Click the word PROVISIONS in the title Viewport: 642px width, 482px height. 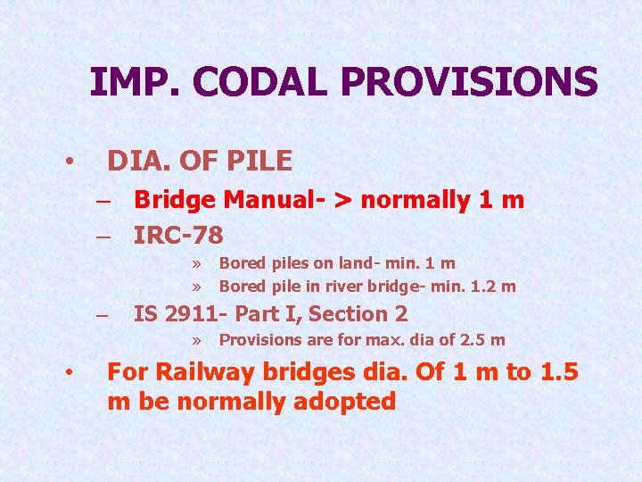coord(469,82)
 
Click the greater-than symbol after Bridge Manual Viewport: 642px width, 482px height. coord(342,200)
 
